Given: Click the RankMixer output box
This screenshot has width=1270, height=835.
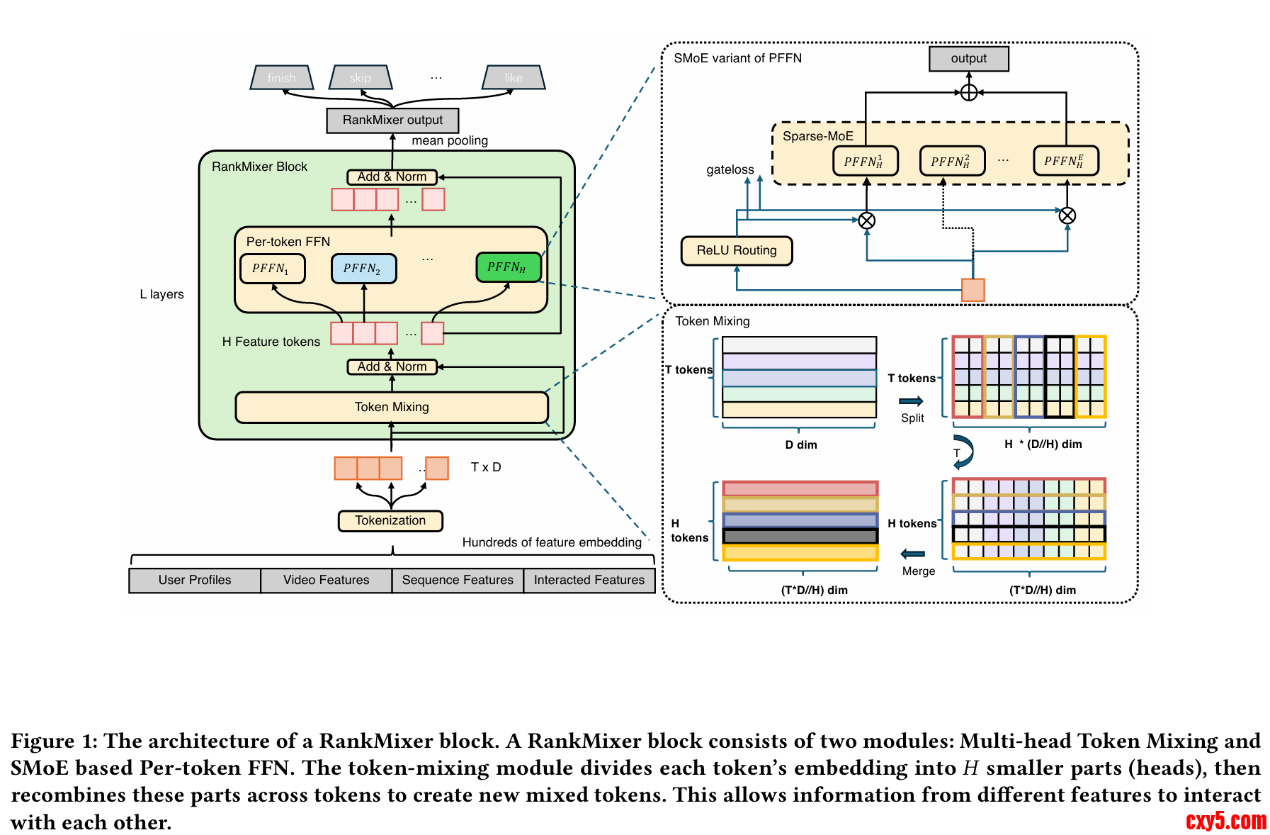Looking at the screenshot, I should (392, 121).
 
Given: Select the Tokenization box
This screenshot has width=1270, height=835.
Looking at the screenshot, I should (390, 521).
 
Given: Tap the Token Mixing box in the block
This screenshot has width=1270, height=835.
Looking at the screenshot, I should (392, 408).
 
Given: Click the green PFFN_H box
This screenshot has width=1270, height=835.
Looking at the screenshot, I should (509, 267).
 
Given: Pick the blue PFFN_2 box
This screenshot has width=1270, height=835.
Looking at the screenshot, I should (363, 269).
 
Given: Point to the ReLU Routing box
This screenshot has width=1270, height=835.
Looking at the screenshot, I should (736, 251).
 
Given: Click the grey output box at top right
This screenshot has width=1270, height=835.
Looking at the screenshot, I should (968, 59).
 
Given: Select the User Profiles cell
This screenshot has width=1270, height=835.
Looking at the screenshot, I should (195, 581).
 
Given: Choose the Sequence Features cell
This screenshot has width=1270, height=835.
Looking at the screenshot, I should (458, 581).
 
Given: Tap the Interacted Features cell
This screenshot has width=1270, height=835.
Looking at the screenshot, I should (589, 581).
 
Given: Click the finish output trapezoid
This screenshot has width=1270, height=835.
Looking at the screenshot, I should (282, 78).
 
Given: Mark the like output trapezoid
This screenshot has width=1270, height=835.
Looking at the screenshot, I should (514, 78).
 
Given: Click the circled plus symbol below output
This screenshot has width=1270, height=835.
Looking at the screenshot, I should (968, 93).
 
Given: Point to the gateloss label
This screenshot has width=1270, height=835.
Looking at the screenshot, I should (730, 170).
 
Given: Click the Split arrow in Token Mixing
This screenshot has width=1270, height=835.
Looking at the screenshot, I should (911, 401).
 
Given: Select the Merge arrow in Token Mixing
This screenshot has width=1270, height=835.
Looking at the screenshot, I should (913, 554).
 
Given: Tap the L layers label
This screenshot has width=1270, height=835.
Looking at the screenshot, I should (161, 295).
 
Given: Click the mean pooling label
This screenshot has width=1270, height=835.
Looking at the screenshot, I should (450, 141).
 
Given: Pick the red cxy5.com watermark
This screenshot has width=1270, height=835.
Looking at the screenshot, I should (1225, 821).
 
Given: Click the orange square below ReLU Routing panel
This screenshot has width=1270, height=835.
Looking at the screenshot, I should (973, 290).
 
